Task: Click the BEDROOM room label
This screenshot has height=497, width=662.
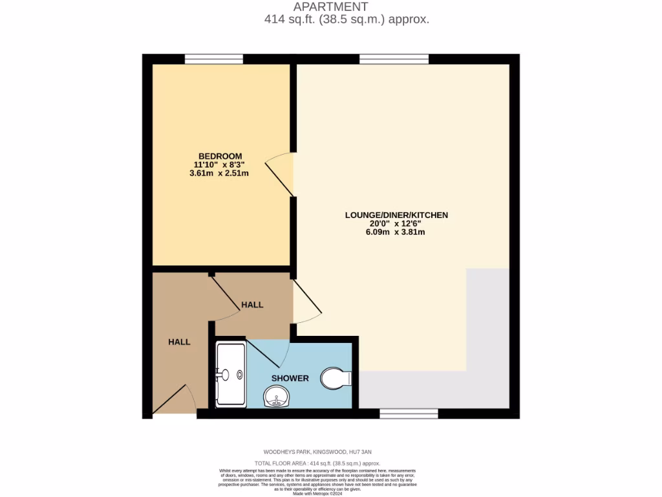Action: coord(220,156)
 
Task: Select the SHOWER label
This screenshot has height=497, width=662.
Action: coord(290,378)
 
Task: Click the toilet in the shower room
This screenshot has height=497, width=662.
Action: coord(336,378)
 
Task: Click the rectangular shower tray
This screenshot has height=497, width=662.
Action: coord(231,375)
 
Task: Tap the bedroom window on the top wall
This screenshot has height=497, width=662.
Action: coord(213,59)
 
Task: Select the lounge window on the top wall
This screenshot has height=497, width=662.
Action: coord(394,59)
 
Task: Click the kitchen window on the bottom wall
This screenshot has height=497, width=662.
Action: coord(409,414)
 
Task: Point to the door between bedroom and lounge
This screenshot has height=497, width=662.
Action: coord(284,173)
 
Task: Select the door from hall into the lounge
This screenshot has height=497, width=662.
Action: coord(306,302)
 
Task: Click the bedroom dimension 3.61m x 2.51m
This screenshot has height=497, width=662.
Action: coord(219,173)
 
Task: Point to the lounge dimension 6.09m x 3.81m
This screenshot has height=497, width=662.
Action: coord(395,232)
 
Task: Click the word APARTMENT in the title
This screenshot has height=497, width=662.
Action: coord(331,7)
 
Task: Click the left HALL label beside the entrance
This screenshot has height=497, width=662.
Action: coord(179,342)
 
